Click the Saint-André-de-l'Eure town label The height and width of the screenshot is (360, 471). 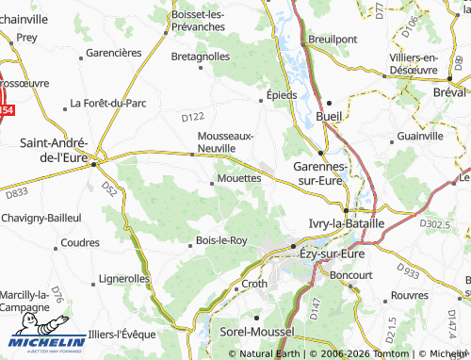pos(59,151)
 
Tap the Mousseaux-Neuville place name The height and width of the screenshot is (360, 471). pos(224,141)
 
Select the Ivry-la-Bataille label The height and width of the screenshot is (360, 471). pos(347,223)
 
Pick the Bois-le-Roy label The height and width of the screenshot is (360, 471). pos(221,240)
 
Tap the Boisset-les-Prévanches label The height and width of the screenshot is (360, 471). pos(211,21)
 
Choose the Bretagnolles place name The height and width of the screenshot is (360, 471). pos(201,57)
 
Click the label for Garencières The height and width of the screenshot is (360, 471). pos(113,53)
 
